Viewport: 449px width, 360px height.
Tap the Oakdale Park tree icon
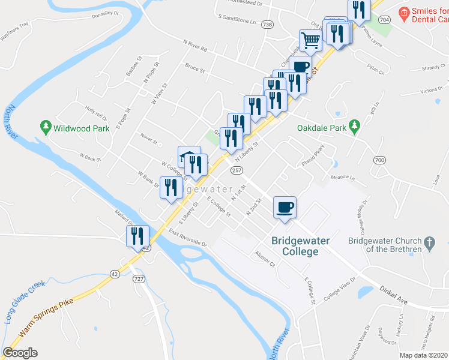[x=355, y=125]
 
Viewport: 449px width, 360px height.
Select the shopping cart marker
[x=311, y=41]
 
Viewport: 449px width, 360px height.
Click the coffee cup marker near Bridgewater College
[x=285, y=208]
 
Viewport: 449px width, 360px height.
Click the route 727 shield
[x=139, y=279]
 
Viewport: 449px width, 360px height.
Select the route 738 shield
[x=267, y=25]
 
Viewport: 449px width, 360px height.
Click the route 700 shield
[x=379, y=160]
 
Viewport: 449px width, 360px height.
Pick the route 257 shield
[x=237, y=171]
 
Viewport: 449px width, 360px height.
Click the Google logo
[x=20, y=353]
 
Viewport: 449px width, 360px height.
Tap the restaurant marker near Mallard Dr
[x=137, y=236]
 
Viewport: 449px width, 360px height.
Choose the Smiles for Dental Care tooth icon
[x=403, y=11]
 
